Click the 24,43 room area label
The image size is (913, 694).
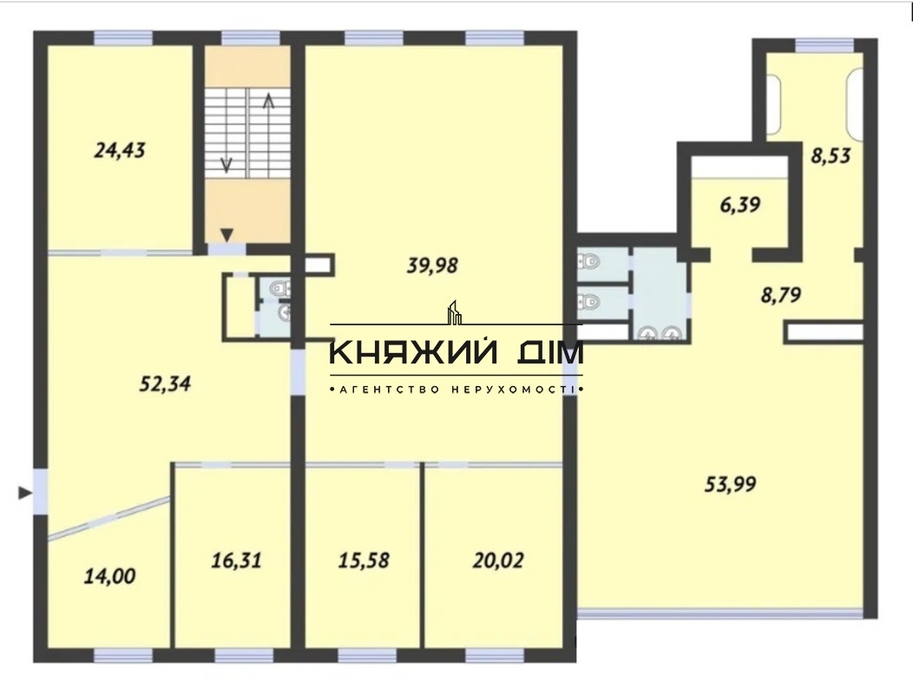click(x=120, y=151)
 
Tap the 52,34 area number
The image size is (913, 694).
click(x=165, y=383)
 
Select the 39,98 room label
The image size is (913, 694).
click(x=432, y=265)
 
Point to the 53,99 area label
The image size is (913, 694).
click(x=730, y=484)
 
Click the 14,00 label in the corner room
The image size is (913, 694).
click(x=109, y=576)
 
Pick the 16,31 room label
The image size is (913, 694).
click(x=236, y=560)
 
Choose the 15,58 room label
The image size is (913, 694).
click(x=364, y=560)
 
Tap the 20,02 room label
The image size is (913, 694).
click(x=498, y=560)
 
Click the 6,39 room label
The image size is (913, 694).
click(x=740, y=205)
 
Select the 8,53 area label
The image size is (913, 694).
click(x=831, y=155)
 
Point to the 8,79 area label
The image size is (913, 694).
click(x=781, y=295)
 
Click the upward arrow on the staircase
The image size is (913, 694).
click(x=268, y=134)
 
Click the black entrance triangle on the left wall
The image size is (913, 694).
click(x=25, y=493)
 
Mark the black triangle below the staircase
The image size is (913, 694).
click(x=227, y=234)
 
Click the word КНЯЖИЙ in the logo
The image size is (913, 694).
click(x=414, y=353)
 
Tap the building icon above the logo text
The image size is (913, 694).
click(x=454, y=312)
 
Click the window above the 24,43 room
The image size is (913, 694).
click(x=123, y=38)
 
